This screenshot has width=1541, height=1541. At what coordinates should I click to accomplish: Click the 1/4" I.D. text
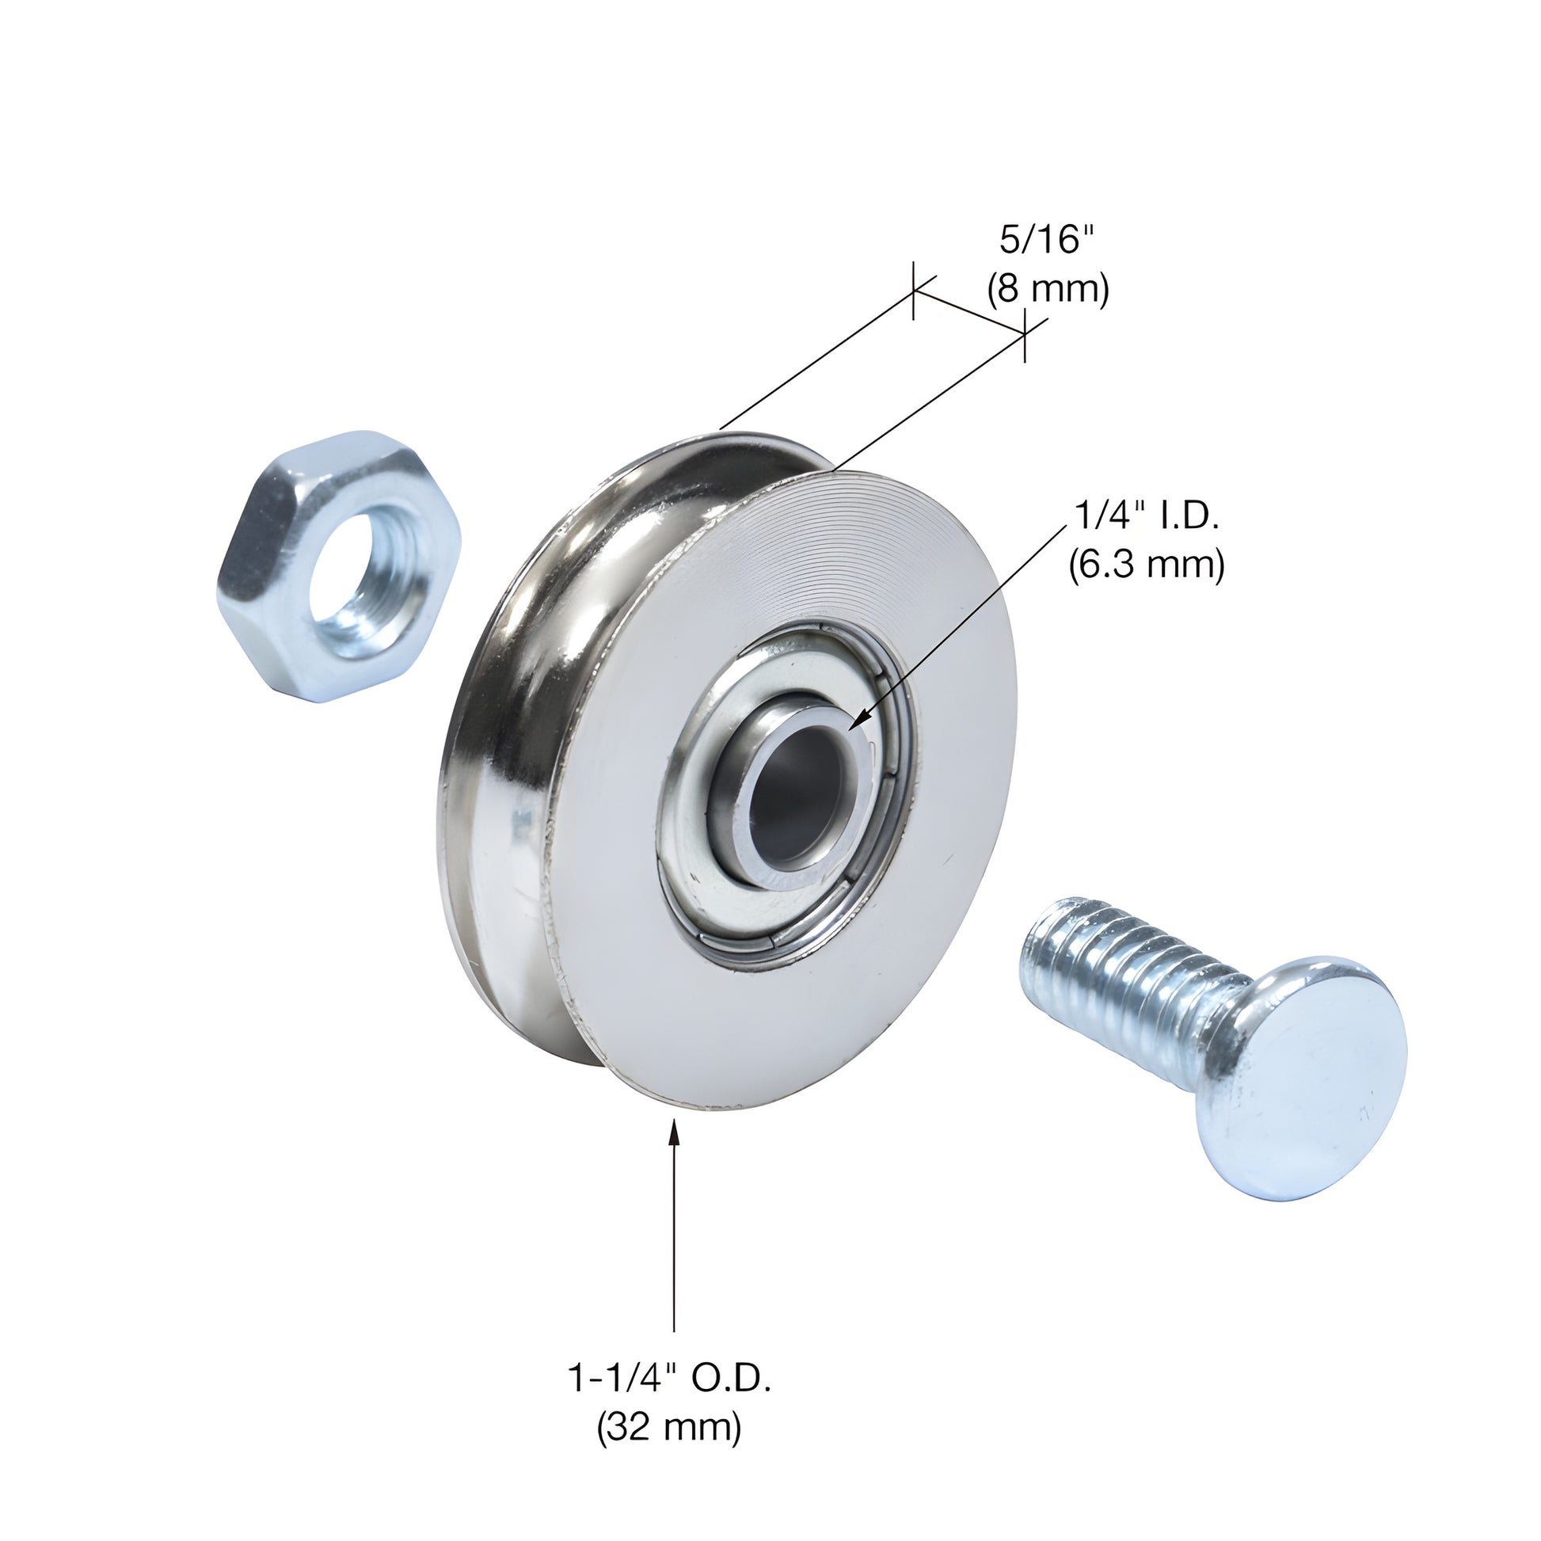1147,517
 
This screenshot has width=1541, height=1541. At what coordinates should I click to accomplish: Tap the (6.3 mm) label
1147,565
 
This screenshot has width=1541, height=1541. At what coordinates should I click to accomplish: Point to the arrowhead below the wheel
675,1133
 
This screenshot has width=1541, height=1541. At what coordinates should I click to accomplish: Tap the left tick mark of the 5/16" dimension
913,291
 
